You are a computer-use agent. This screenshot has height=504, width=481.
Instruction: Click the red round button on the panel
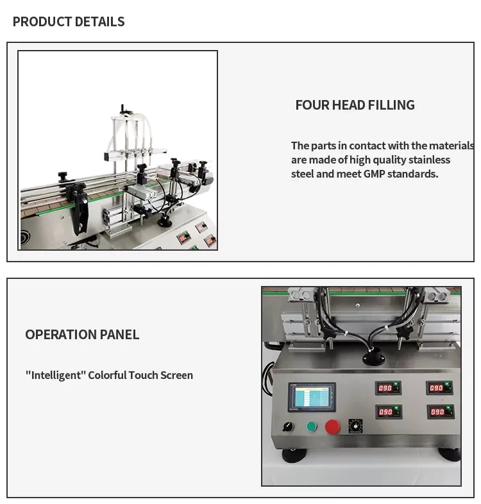pyautogui.click(x=332, y=426)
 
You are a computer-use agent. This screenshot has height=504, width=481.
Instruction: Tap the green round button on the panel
pyautogui.click(x=312, y=426)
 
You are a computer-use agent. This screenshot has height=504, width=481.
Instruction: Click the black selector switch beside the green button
pyautogui.click(x=289, y=426)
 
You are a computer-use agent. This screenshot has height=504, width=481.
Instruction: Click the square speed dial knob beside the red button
pyautogui.click(x=355, y=426)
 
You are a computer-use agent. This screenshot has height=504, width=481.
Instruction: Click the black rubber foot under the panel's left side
pyautogui.click(x=294, y=455)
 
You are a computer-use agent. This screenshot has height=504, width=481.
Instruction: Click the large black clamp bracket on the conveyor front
pyautogui.click(x=79, y=208)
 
